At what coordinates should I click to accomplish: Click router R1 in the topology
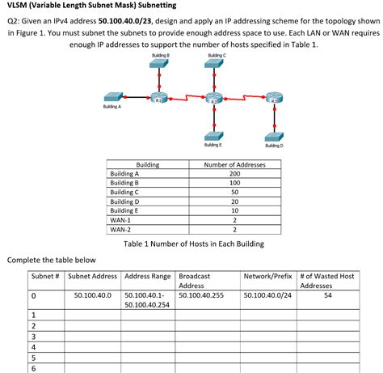click(x=162, y=97)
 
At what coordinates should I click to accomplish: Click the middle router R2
click(x=213, y=97)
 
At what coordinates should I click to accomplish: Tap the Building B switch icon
click(x=162, y=65)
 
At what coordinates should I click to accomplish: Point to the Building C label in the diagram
click(x=213, y=54)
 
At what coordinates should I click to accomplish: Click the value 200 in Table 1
click(x=235, y=174)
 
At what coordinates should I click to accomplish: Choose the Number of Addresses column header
click(x=235, y=165)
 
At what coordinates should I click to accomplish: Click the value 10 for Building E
click(x=235, y=210)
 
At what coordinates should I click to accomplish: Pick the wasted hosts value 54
click(x=326, y=296)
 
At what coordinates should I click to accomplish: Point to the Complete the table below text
click(x=51, y=259)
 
